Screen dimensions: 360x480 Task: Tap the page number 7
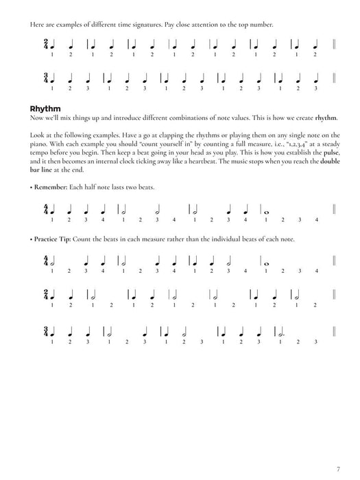tap(338, 468)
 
